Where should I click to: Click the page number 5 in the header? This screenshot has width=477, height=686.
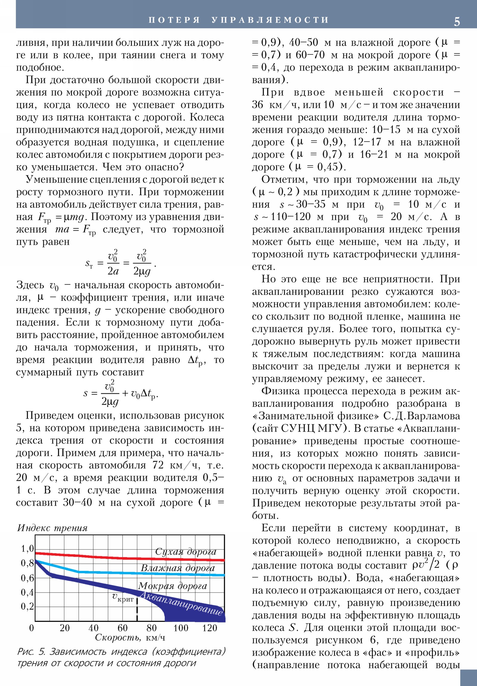click(x=457, y=21)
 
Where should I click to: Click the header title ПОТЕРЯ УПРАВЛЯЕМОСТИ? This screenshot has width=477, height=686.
click(x=238, y=20)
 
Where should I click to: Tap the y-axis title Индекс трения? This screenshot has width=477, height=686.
click(x=52, y=528)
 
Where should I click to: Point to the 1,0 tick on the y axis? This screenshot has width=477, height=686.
click(x=27, y=549)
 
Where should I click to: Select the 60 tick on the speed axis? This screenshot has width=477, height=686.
click(x=123, y=628)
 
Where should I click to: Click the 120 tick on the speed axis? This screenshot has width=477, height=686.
click(x=209, y=628)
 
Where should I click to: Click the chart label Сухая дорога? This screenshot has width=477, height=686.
click(x=185, y=551)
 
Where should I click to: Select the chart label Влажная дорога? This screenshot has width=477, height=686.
click(x=178, y=568)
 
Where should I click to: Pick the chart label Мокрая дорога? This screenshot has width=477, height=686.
click(x=172, y=585)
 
